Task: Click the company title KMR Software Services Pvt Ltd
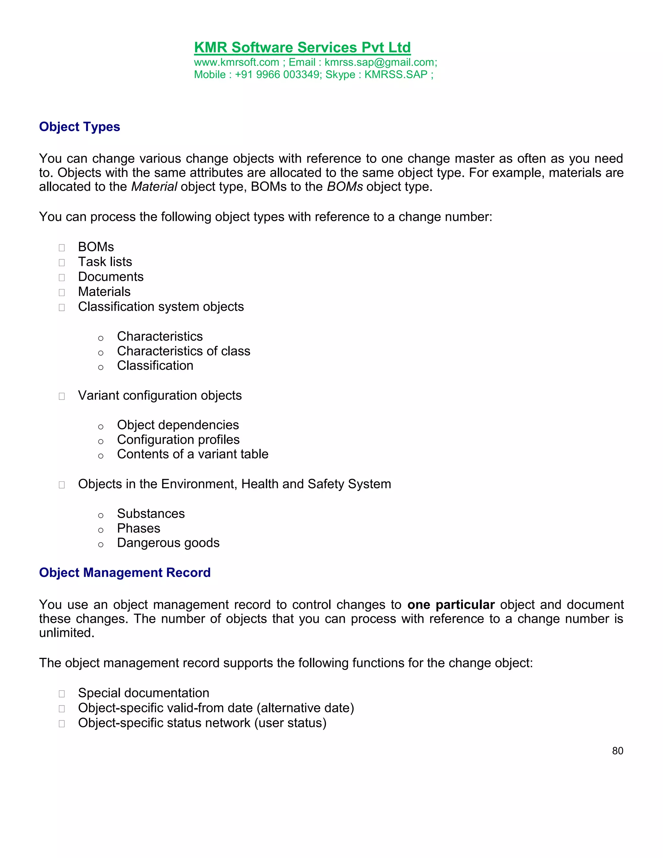(x=302, y=48)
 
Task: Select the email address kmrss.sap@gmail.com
(x=380, y=62)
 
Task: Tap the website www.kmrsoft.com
(x=236, y=62)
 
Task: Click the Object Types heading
(x=79, y=127)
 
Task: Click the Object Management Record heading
(x=125, y=572)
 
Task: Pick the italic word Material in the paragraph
(x=154, y=186)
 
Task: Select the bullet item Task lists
(x=105, y=262)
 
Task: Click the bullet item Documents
(x=111, y=277)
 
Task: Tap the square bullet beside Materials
(x=62, y=292)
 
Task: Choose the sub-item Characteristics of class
(x=184, y=351)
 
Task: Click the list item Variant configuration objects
(x=160, y=395)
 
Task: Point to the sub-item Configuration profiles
(x=178, y=440)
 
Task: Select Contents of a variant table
(x=193, y=454)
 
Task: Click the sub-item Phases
(x=138, y=528)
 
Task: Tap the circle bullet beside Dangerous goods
(x=101, y=545)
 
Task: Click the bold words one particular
(x=451, y=604)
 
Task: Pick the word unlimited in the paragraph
(x=66, y=633)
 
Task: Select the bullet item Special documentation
(x=143, y=693)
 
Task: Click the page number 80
(x=617, y=751)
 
